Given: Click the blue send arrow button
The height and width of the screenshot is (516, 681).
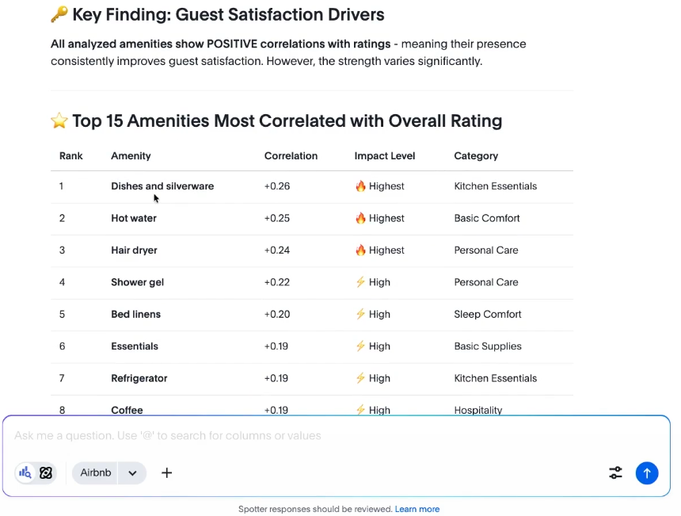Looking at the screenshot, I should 647,473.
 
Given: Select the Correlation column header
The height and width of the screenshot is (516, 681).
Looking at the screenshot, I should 291,156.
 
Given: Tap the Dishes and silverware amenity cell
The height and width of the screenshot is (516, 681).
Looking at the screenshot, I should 162,186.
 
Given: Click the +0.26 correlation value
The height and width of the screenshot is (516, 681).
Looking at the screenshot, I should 277,186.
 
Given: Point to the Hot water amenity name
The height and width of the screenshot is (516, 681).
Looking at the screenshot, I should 134,218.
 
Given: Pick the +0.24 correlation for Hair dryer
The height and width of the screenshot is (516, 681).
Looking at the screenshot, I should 277,250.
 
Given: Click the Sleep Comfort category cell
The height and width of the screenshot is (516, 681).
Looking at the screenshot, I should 488,314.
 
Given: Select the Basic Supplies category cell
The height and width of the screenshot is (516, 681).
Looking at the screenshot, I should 488,346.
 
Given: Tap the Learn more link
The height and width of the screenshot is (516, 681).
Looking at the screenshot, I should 417,509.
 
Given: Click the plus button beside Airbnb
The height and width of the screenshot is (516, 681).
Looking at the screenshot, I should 166,473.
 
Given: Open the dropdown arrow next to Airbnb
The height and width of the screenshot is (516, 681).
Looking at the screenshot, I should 132,473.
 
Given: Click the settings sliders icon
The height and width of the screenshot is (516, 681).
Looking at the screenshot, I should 615,473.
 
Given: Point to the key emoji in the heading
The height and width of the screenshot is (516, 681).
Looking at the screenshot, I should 59,14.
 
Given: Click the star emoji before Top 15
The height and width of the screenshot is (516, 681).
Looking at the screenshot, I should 59,120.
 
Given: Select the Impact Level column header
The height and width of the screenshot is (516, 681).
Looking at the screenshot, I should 385,156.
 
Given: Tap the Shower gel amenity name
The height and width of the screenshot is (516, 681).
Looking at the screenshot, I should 137,282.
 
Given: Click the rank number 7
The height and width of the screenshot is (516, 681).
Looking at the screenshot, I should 62,378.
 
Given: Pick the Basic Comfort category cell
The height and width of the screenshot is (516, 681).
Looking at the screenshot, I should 487,218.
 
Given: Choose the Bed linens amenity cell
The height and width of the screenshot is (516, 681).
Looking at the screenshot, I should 135,314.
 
